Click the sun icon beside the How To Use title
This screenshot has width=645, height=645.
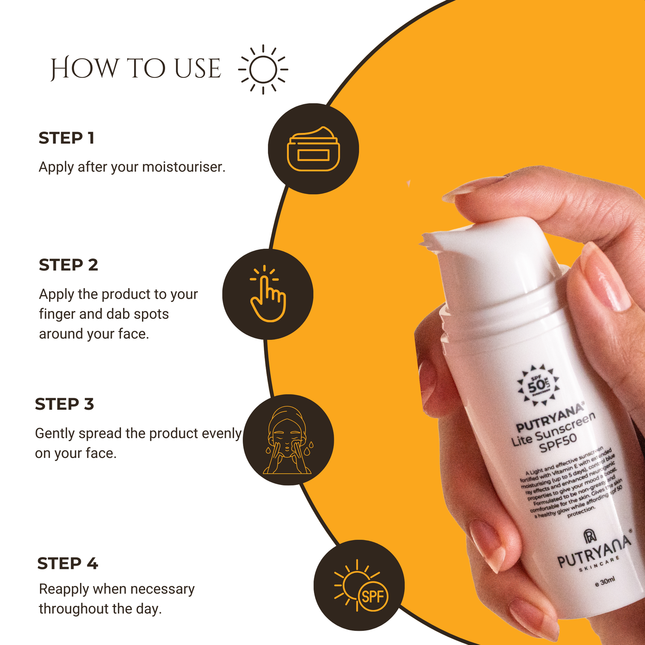(x=263, y=69)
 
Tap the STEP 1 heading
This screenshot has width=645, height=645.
(x=66, y=138)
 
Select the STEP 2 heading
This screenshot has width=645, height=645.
(x=68, y=265)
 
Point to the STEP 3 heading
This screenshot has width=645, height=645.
(x=64, y=404)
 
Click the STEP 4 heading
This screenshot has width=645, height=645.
(x=68, y=563)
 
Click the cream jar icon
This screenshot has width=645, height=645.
(x=313, y=149)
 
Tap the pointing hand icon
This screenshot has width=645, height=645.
(x=268, y=294)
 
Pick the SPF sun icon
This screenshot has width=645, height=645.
(x=359, y=586)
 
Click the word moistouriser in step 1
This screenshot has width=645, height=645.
(x=183, y=167)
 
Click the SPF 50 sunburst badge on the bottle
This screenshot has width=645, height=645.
(x=538, y=385)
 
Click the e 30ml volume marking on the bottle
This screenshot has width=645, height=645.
(x=605, y=581)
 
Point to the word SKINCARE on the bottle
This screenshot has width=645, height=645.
(x=599, y=564)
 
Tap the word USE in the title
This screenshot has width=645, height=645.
(x=198, y=69)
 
